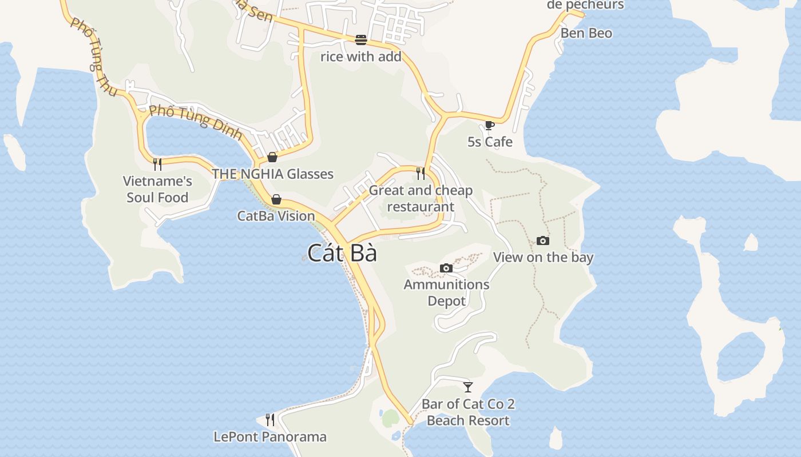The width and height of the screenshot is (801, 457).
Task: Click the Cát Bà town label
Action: (342, 253)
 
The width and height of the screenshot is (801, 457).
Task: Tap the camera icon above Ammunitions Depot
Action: (446, 268)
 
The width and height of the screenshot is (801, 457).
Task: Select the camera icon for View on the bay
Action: (543, 241)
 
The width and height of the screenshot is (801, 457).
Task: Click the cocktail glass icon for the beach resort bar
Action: (468, 387)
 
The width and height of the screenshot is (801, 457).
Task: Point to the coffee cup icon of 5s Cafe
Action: (489, 125)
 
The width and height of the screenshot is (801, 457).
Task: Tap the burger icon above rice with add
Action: (360, 39)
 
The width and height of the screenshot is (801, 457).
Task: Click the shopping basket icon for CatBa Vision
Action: (276, 199)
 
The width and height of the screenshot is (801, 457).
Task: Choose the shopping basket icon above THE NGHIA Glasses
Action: (272, 157)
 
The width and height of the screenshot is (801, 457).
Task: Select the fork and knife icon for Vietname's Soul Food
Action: (157, 165)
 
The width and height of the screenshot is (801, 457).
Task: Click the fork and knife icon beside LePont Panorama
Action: (270, 420)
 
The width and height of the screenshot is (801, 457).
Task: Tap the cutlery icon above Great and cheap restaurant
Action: (421, 173)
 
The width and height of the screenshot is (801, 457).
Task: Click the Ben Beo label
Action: (586, 33)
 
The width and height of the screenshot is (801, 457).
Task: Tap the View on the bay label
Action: (543, 257)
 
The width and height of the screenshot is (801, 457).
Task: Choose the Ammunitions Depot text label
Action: (446, 292)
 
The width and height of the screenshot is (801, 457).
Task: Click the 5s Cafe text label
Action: (490, 142)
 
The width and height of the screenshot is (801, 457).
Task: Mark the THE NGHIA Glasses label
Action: (272, 174)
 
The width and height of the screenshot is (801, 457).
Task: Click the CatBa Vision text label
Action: (276, 216)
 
